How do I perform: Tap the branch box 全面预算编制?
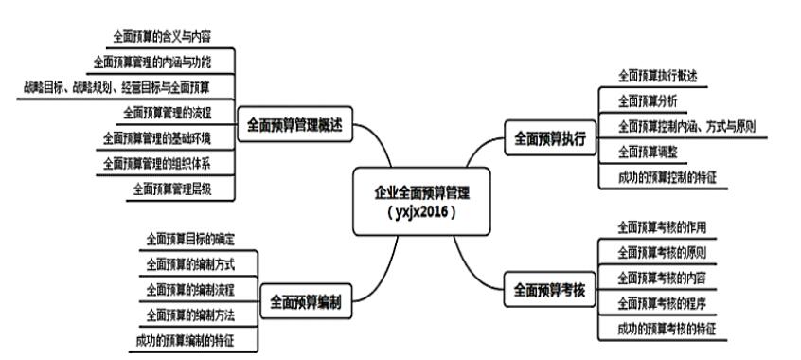click(306, 302)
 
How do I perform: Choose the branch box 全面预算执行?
click(550, 138)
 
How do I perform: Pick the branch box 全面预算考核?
click(550, 289)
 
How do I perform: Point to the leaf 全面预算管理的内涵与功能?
click(152, 63)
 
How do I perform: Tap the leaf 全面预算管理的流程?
click(167, 113)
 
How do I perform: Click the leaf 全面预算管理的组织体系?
click(157, 163)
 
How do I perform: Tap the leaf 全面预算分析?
click(648, 99)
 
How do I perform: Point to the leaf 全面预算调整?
click(648, 151)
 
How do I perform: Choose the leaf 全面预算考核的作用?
click(662, 227)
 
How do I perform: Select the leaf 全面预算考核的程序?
click(662, 303)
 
